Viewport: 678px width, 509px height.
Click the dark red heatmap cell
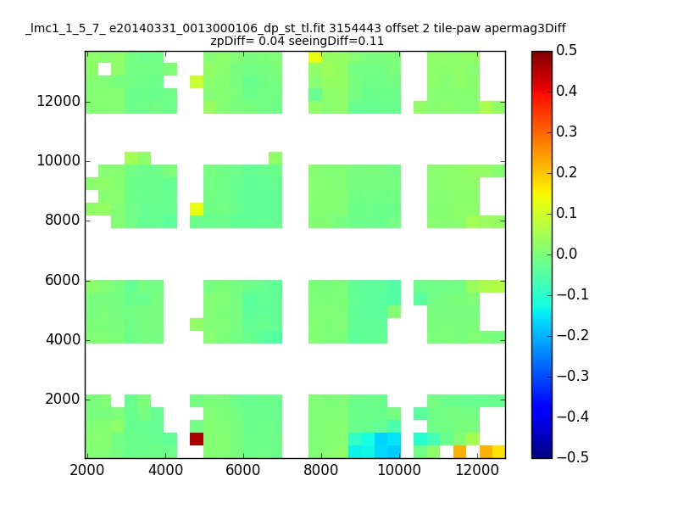197,439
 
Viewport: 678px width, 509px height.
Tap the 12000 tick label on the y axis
58,101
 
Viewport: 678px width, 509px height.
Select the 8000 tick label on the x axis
321,470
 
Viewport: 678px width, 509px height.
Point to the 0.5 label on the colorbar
566,50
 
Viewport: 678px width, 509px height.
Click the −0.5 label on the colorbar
573,457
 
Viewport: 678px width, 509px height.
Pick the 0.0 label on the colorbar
566,254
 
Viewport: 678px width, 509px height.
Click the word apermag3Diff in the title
525,29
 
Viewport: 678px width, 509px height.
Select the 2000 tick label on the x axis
87,470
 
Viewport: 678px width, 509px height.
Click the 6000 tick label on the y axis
63,280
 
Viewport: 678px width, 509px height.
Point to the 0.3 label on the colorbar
566,131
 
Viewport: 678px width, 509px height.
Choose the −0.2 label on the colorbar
573,335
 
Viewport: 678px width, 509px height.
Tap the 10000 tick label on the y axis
58,160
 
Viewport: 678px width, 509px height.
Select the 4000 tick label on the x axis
165,470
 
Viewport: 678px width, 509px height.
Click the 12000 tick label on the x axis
477,470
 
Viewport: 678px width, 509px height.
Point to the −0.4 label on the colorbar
573,417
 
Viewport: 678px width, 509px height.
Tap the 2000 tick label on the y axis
63,399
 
